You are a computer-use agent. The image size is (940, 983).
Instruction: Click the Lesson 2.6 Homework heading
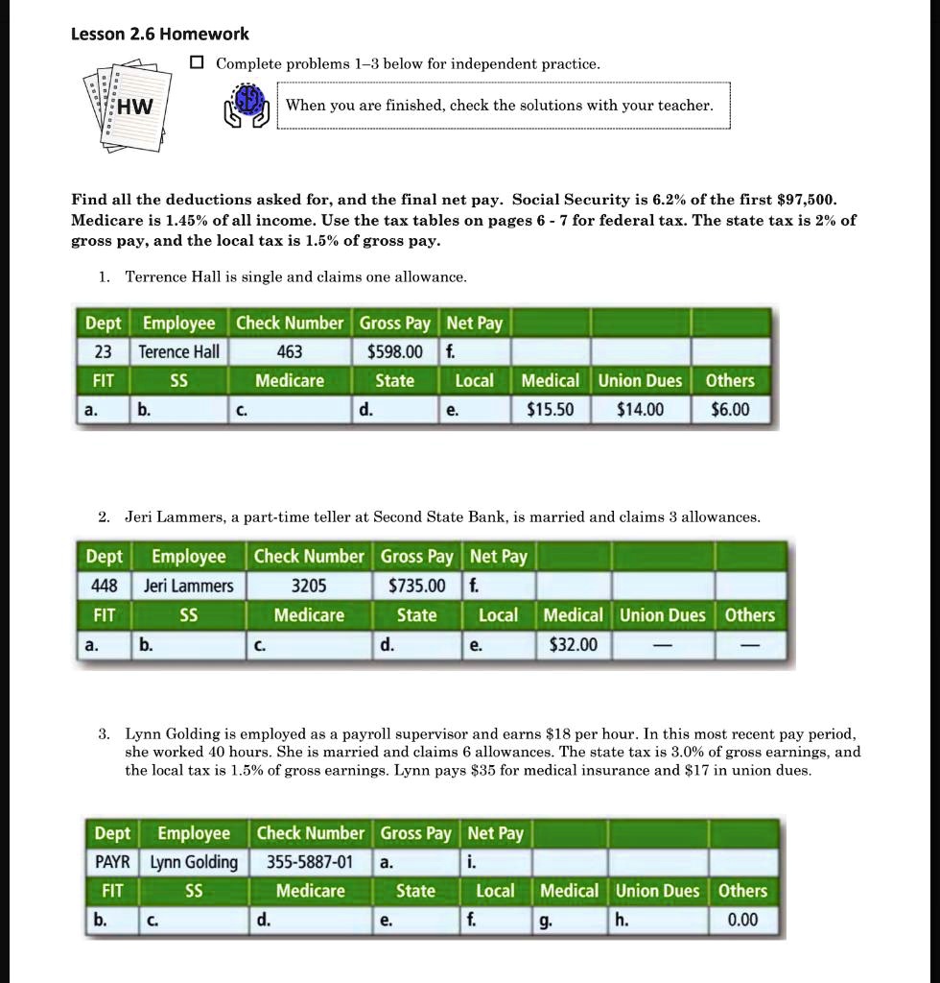[x=160, y=34]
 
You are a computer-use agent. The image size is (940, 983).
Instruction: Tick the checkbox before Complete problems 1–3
[x=198, y=63]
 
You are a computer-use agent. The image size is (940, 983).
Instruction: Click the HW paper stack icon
[x=129, y=107]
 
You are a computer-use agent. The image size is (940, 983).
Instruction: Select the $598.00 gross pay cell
[x=395, y=351]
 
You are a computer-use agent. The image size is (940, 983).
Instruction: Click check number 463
[x=290, y=351]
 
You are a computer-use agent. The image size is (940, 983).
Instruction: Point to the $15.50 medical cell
[x=551, y=410]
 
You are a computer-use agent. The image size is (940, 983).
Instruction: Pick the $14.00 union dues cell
[x=640, y=410]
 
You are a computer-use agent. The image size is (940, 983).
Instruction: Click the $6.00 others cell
[x=730, y=410]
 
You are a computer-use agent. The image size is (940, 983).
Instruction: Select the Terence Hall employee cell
[x=179, y=351]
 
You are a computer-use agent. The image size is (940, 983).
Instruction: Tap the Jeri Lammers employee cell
[x=189, y=586]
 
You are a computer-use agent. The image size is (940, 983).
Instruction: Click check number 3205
[x=309, y=586]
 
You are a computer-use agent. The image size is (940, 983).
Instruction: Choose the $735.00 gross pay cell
[x=416, y=586]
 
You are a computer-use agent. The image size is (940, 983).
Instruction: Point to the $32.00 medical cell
[x=574, y=644]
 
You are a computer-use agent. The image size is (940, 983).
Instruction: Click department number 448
[x=105, y=586]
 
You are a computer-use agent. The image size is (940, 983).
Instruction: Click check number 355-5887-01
[x=310, y=862]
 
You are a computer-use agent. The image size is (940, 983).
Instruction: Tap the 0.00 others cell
[x=742, y=920]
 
